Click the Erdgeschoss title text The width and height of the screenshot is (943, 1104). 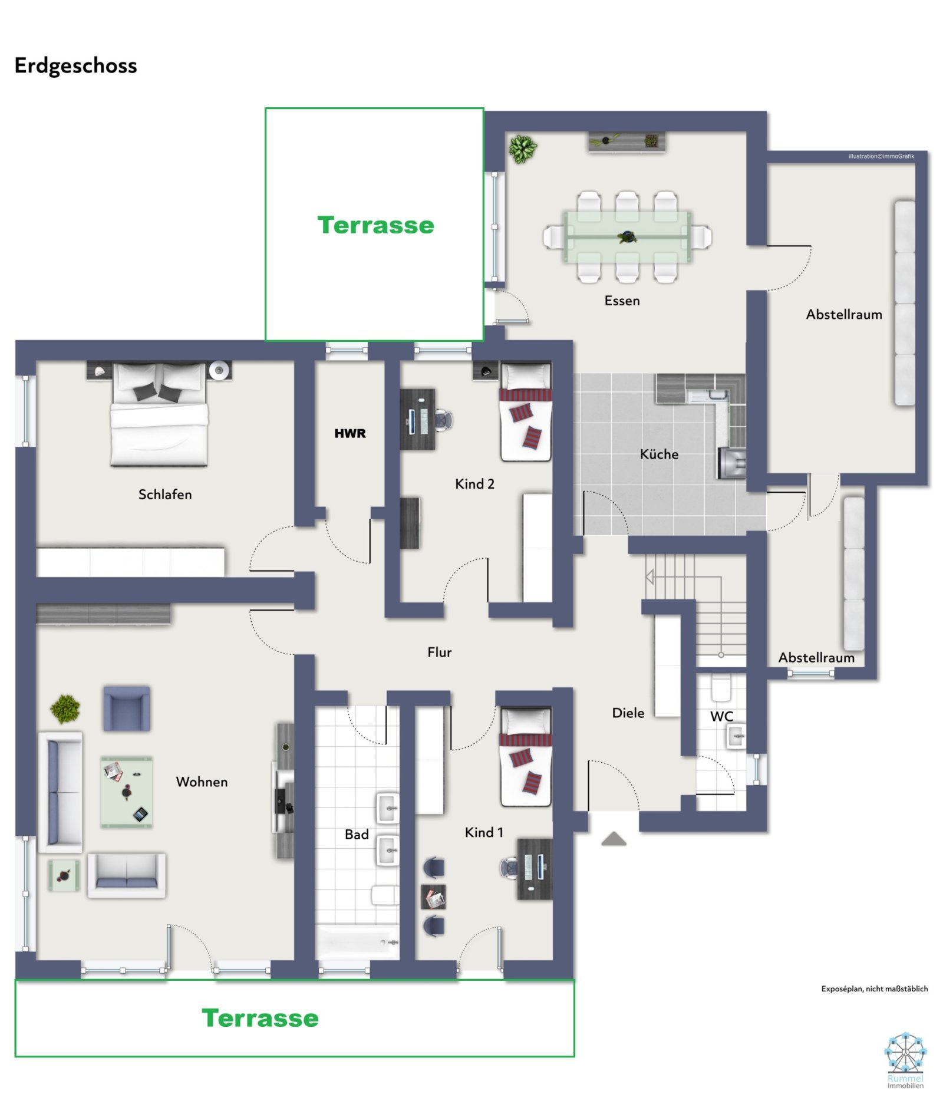click(75, 65)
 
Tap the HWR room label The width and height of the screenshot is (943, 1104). click(349, 433)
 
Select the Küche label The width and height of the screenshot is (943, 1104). click(658, 454)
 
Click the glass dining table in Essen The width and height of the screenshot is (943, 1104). click(627, 236)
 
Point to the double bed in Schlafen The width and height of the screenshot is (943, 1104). click(159, 416)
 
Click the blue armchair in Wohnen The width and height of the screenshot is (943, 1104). click(126, 708)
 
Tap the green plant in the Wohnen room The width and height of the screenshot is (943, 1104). click(65, 708)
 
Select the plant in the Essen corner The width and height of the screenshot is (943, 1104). click(522, 149)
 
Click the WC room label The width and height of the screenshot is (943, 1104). click(721, 717)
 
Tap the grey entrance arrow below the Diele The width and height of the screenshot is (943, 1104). click(613, 839)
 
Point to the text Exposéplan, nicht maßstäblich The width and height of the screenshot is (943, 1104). click(873, 989)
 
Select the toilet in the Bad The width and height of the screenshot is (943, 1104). click(384, 895)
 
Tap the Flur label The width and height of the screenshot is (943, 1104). click(439, 652)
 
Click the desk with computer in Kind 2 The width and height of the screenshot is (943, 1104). click(417, 419)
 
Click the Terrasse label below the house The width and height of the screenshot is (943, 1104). click(260, 1018)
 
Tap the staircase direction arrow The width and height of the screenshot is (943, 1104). click(649, 576)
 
